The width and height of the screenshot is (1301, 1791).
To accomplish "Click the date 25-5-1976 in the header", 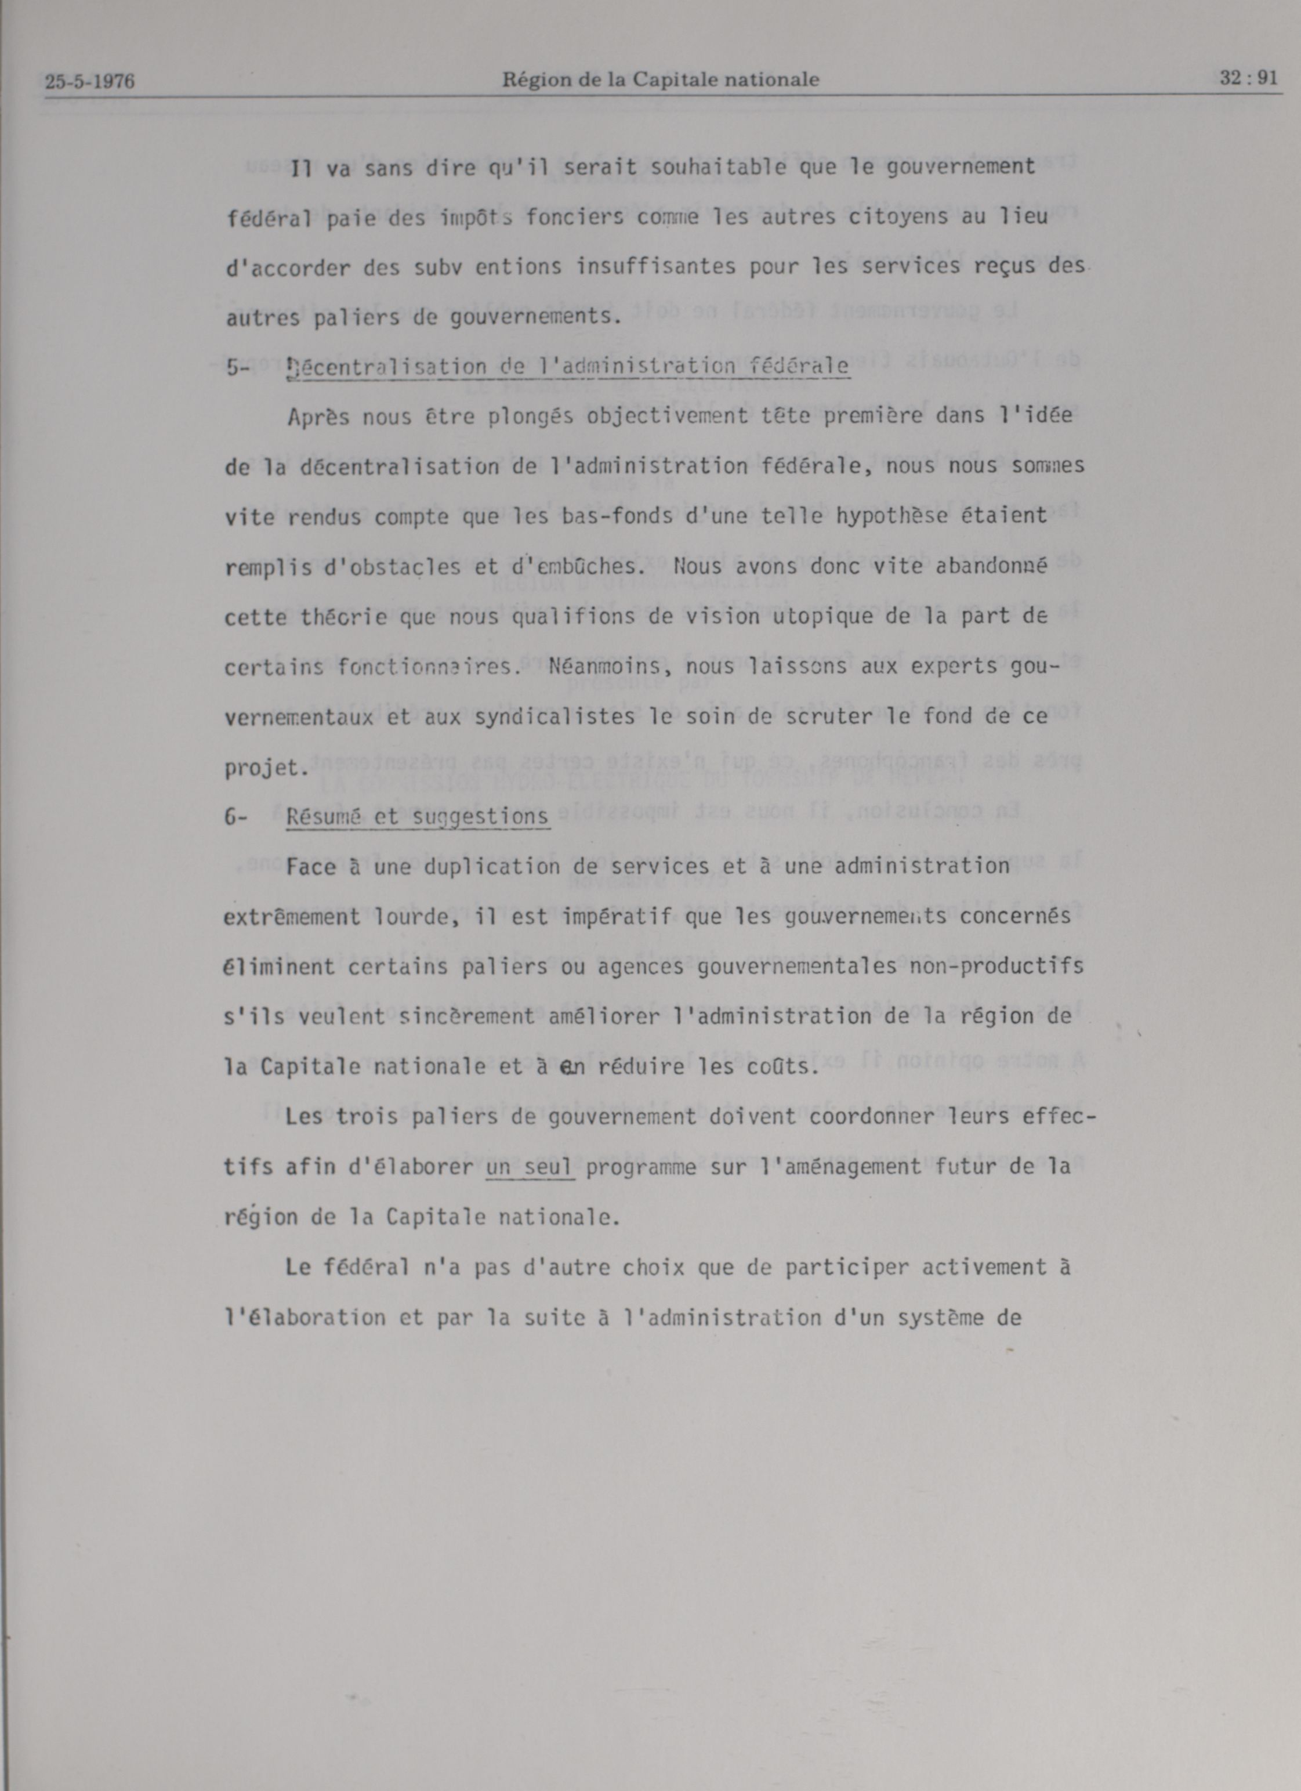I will point(89,81).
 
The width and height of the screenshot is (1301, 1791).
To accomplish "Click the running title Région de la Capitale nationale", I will point(661,79).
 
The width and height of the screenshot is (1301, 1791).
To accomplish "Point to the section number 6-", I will point(236,817).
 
